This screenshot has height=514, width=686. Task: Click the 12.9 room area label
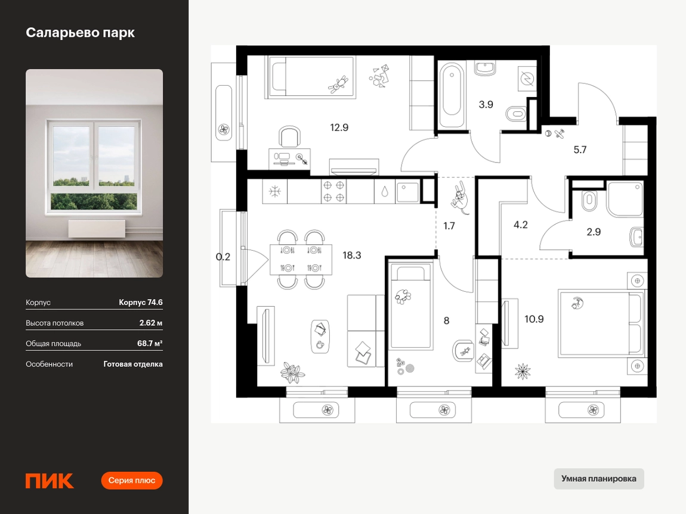339,127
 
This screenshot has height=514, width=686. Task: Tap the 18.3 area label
352,255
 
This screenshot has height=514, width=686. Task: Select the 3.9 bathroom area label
486,104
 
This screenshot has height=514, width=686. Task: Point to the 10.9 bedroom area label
534,319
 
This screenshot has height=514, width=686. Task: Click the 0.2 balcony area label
223,257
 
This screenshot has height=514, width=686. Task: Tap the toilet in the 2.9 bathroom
589,201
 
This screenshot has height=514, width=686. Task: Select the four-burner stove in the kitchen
334,191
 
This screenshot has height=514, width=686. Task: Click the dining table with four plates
301,260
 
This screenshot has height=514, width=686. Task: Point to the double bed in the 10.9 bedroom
601,323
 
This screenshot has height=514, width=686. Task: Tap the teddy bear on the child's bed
338,84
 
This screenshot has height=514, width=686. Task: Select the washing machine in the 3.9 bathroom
527,79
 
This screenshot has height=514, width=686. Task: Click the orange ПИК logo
50,481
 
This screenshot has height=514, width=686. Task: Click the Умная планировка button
598,479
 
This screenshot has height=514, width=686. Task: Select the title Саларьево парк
80,33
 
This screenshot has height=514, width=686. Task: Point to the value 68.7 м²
150,343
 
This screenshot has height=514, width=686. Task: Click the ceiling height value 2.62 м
151,323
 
